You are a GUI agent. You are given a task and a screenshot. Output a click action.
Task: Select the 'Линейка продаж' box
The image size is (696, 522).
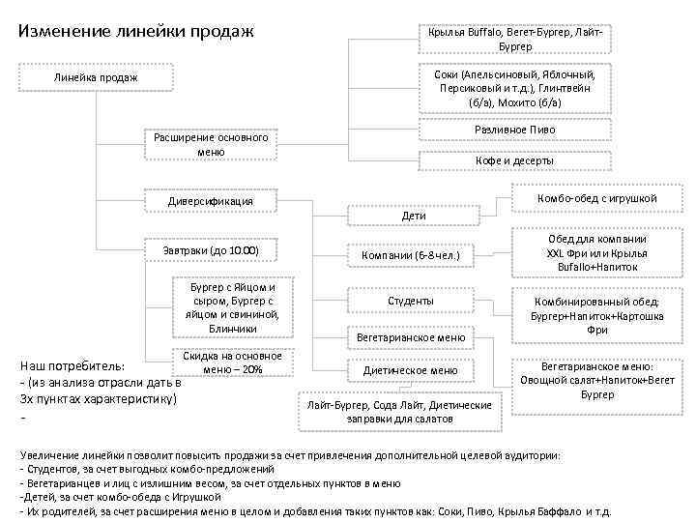click(x=96, y=77)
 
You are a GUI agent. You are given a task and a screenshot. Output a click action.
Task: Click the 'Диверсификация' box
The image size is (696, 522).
click(x=210, y=201)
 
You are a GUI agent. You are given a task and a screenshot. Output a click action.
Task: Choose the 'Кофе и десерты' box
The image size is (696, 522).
click(x=515, y=160)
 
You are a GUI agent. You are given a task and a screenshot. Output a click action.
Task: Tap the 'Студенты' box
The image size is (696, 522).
click(x=411, y=301)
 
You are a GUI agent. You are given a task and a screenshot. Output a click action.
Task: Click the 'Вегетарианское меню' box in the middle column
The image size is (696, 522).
click(x=411, y=338)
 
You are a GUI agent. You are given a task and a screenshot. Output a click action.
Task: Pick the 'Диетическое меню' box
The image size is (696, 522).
click(x=411, y=369)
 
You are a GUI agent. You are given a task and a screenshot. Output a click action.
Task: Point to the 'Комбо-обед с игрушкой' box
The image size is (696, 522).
click(x=597, y=198)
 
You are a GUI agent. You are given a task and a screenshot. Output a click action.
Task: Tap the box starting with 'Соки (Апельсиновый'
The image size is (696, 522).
click(x=515, y=88)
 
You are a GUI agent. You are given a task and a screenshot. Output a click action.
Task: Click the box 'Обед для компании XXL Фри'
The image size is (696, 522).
click(x=597, y=251)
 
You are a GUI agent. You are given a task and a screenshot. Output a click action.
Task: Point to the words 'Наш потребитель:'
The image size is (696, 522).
click(x=72, y=367)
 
